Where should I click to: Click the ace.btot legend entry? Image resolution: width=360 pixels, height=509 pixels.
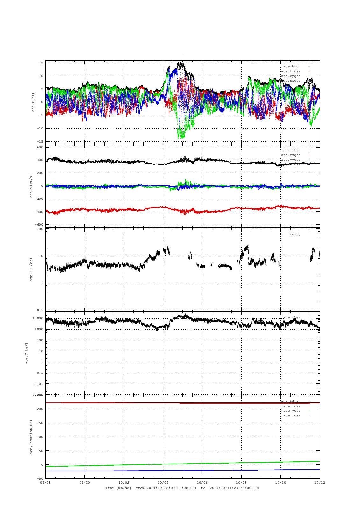click(x=292, y=66)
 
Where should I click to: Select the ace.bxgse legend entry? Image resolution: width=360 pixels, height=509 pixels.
click(x=291, y=71)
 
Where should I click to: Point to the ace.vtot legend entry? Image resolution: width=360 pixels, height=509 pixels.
click(x=292, y=150)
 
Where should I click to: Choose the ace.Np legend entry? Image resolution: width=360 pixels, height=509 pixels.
click(x=294, y=234)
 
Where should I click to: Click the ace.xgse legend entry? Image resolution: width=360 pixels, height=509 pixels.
click(x=292, y=406)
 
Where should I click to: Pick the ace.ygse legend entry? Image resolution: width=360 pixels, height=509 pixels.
click(x=292, y=411)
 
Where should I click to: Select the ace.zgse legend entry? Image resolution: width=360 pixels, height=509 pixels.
click(x=292, y=415)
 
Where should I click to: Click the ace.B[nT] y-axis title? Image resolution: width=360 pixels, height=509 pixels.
click(x=33, y=102)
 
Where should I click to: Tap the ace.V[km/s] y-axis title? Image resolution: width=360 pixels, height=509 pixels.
click(x=31, y=186)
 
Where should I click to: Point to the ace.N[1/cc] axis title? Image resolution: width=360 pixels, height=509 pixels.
click(x=31, y=269)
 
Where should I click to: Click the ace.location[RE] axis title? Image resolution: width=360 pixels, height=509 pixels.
click(x=31, y=436)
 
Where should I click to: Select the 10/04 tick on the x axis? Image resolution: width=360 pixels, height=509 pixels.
click(x=163, y=482)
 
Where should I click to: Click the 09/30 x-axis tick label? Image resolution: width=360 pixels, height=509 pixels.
click(x=85, y=482)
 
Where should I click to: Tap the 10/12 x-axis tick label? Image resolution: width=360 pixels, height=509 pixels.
click(x=319, y=482)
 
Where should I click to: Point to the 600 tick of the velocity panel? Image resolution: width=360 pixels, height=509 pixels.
click(x=40, y=147)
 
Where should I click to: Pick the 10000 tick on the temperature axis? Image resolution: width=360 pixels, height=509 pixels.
click(x=38, y=318)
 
